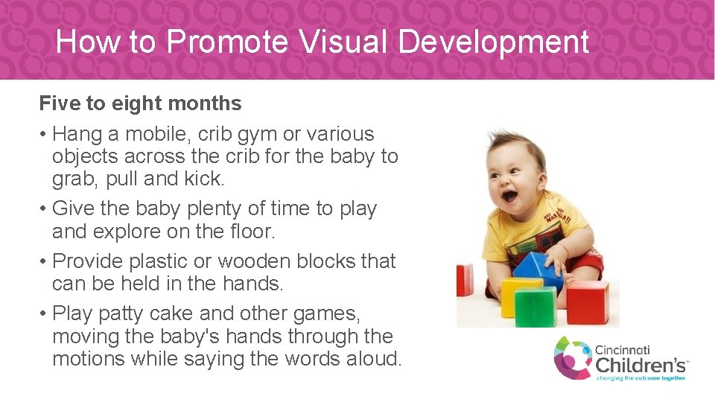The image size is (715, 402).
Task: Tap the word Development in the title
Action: click(494, 42)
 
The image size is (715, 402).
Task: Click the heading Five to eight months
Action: click(140, 103)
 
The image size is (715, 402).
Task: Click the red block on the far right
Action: click(588, 301)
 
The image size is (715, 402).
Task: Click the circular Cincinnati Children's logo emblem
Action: click(572, 357)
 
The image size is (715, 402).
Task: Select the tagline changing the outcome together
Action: click(641, 378)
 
